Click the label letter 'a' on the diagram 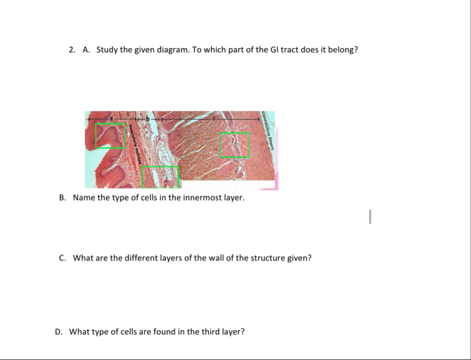[x=111, y=117]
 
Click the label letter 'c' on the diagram [x=214, y=117]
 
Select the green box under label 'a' [x=110, y=136]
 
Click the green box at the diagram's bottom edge [x=160, y=177]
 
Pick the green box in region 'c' [x=235, y=145]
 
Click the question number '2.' [x=72, y=50]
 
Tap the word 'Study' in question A [x=107, y=50]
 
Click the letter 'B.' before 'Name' [x=63, y=198]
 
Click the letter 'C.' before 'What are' [x=63, y=258]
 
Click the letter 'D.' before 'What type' [x=59, y=332]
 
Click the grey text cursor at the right [x=370, y=216]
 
